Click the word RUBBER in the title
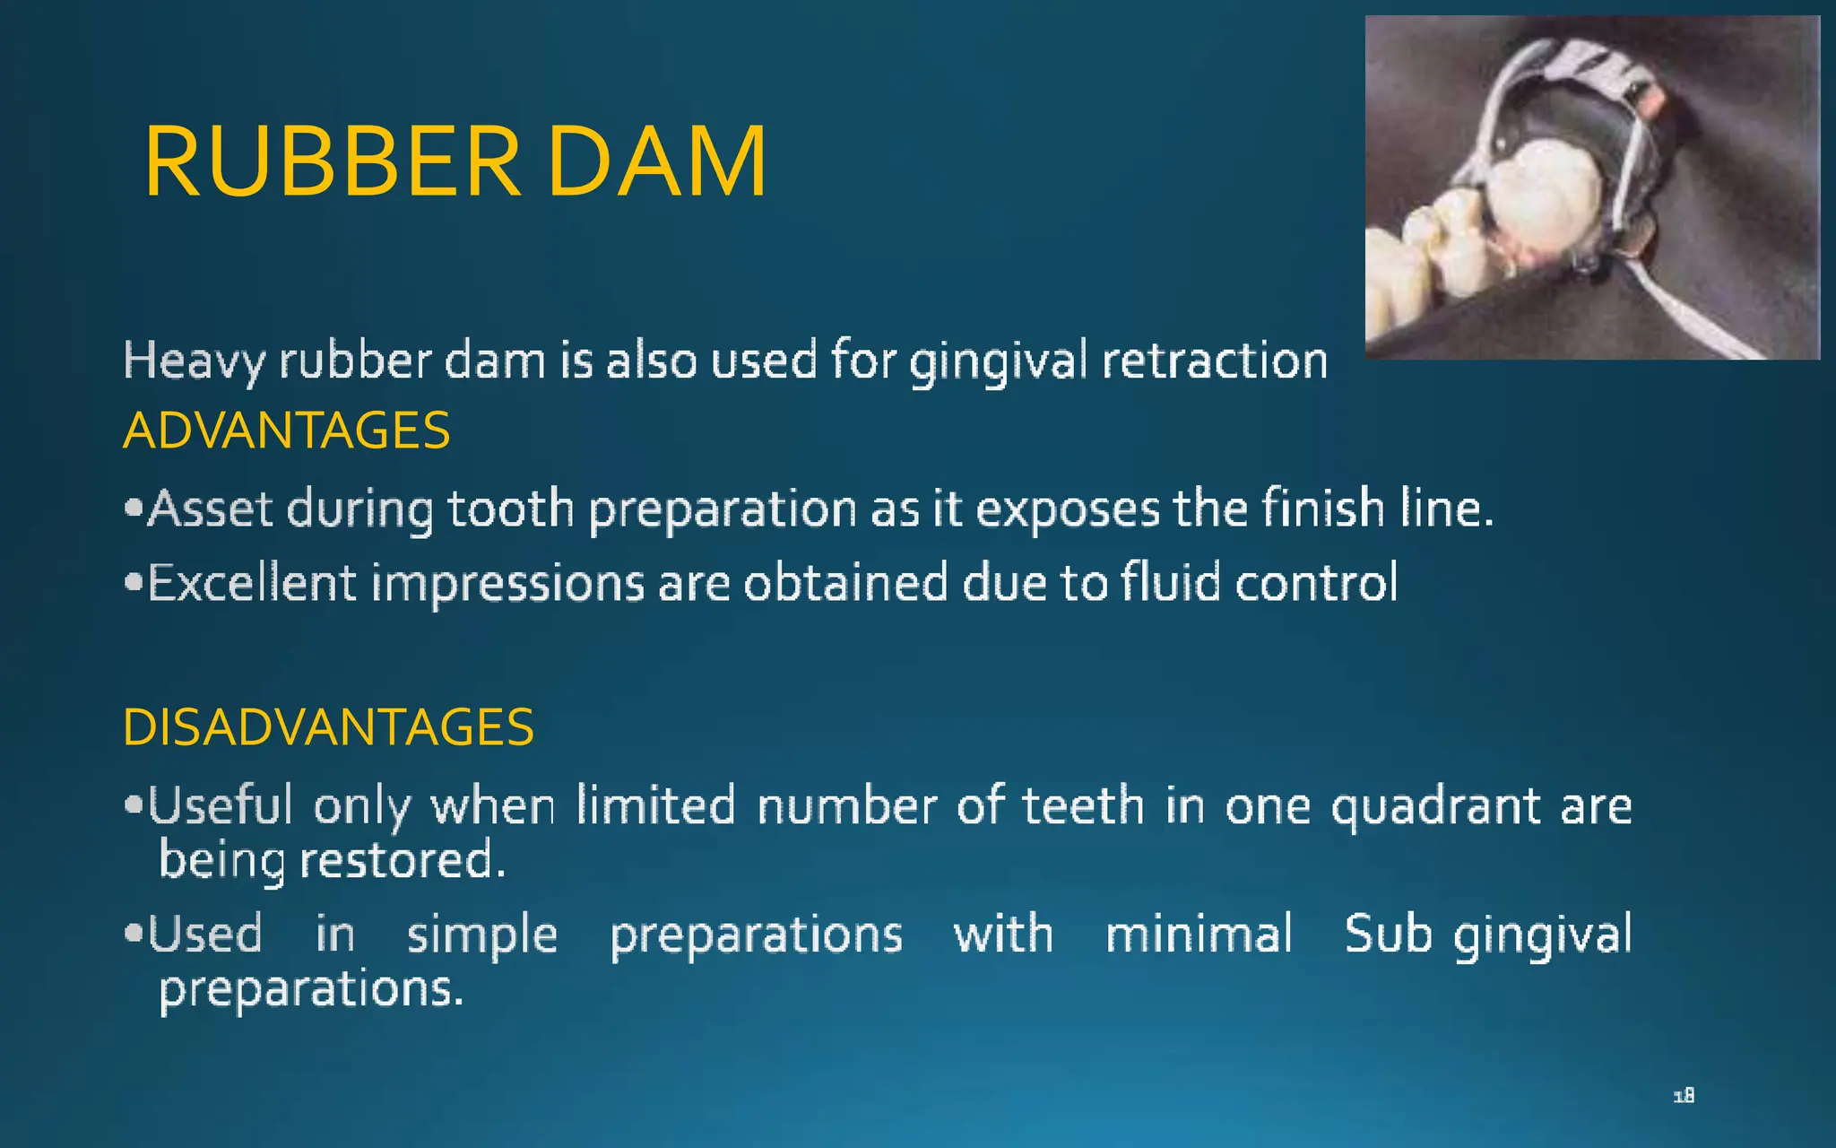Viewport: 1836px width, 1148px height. pos(332,162)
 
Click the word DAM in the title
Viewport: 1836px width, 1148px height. pos(657,162)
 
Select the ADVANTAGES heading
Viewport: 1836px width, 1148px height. pos(286,430)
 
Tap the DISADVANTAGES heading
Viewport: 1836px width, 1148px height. pos(328,726)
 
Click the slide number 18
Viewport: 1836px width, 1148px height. pos(1684,1095)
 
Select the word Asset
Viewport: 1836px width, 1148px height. pos(210,509)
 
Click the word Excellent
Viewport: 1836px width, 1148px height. pos(252,583)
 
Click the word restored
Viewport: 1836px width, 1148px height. pos(403,860)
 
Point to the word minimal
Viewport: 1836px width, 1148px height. pos(1199,935)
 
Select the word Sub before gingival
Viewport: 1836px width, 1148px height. pos(1388,935)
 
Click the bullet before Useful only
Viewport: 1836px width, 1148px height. pos(134,804)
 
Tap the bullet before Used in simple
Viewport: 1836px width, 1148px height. pos(134,934)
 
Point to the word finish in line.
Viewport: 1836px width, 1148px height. pos(1323,509)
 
